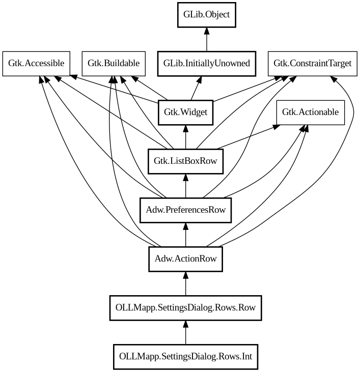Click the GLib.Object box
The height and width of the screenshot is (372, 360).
pos(207,15)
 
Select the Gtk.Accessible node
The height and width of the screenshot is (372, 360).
pos(36,64)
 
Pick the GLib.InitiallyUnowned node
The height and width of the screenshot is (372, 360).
pos(207,64)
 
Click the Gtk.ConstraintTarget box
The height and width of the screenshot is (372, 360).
pos(312,64)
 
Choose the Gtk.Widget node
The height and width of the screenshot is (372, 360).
pos(185,112)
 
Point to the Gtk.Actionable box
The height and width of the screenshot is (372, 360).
pos(310,112)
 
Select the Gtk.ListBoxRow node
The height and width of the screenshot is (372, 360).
pos(185,161)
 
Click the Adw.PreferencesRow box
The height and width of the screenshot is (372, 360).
pos(185,210)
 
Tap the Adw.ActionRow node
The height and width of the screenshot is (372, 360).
pos(185,259)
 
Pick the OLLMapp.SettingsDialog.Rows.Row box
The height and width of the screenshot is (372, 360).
pos(185,307)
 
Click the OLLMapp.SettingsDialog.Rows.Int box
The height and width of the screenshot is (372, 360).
pos(185,356)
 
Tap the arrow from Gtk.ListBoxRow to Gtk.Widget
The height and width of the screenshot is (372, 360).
pos(185,137)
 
